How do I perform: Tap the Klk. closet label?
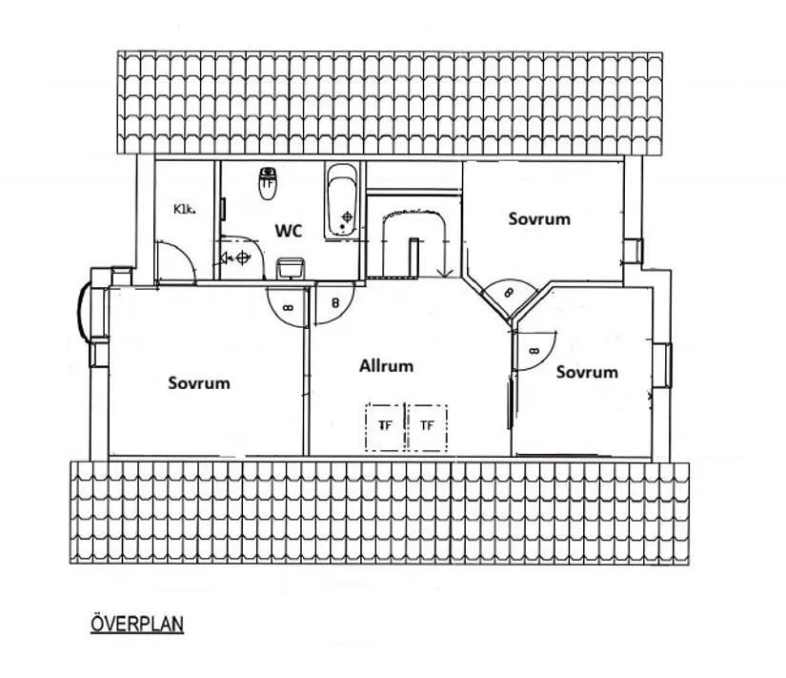tap(184, 209)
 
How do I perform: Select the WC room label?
tap(289, 231)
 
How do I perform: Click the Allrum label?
tap(386, 365)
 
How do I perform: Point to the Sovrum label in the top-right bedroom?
tap(539, 218)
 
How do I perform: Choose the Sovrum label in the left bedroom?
tap(199, 383)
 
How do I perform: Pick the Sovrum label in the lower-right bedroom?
tap(587, 372)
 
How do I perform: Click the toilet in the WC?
tap(268, 184)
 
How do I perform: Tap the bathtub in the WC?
tap(342, 201)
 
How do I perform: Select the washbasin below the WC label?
tap(291, 268)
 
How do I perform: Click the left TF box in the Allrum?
tap(385, 426)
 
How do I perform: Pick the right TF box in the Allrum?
tap(427, 426)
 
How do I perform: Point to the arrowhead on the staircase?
tap(445, 273)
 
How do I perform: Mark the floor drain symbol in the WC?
tap(243, 258)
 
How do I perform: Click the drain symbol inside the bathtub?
tap(348, 217)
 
